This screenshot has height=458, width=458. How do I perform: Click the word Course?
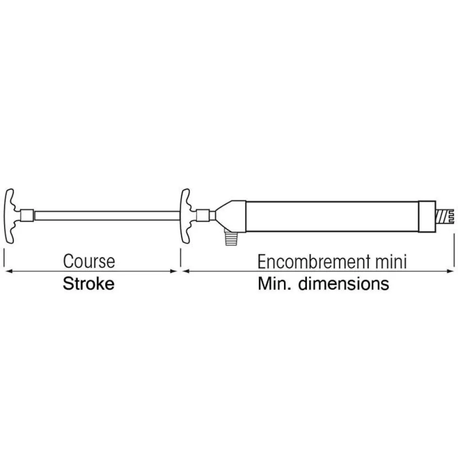point(89,261)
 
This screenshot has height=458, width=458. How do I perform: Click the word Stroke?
point(88,284)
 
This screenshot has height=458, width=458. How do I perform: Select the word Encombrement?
point(314,262)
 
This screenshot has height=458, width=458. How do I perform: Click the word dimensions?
point(343,284)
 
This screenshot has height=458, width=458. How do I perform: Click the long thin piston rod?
point(107,216)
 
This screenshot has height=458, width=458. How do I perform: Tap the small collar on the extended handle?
point(27,216)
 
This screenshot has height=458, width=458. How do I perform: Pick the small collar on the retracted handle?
point(203,216)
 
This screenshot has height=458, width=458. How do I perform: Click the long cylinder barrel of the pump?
point(333,217)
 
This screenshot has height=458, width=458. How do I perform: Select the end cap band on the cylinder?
point(427,217)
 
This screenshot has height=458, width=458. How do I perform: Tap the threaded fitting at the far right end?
point(445,217)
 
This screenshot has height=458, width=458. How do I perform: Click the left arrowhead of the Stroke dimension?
point(9,271)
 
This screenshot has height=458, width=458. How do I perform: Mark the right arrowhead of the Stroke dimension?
point(174,271)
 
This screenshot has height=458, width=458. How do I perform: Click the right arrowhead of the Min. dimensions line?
point(450,271)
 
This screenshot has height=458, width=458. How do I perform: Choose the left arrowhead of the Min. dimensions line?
point(186,271)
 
